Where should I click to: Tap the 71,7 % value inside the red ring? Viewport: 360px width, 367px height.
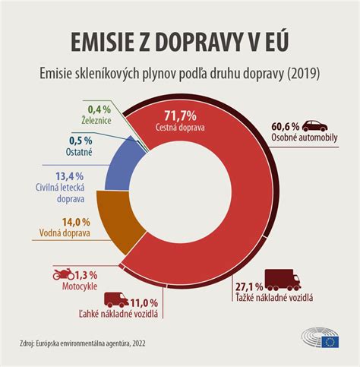pos(178,116)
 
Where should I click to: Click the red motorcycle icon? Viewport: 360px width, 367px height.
pos(65,273)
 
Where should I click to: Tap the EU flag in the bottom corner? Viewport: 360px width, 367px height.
pos(330,341)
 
